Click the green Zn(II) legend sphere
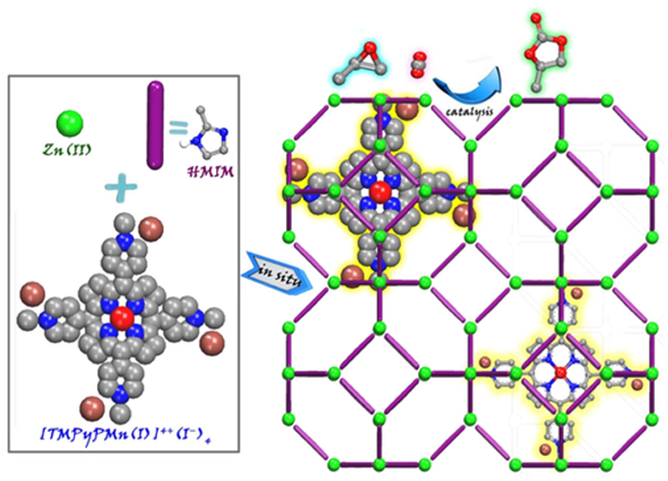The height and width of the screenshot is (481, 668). click(69, 123)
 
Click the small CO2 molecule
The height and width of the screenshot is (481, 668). click(418, 65)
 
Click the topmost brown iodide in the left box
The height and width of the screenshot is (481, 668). click(151, 229)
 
